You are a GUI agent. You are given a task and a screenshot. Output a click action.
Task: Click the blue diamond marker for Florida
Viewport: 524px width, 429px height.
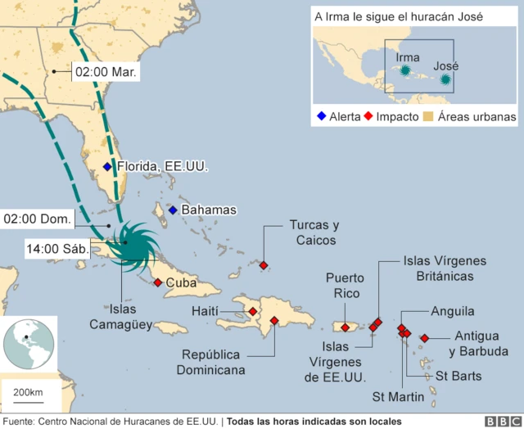pyautogui.click(x=107, y=167)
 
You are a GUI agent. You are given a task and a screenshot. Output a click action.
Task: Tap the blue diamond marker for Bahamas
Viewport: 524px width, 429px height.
pyautogui.click(x=173, y=210)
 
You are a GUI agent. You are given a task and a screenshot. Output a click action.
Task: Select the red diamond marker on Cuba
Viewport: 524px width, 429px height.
pyautogui.click(x=157, y=283)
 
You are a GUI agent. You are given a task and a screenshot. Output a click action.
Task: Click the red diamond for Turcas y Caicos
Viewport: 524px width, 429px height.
pyautogui.click(x=263, y=264)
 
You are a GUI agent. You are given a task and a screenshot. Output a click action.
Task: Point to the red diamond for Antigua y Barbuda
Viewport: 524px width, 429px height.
pyautogui.click(x=424, y=338)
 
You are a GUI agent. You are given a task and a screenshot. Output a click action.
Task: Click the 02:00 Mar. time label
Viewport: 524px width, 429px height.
pyautogui.click(x=106, y=72)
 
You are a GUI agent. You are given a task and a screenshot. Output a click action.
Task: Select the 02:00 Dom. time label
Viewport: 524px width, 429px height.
pyautogui.click(x=38, y=219)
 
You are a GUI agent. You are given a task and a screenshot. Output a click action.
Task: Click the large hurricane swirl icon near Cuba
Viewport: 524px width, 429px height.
pyautogui.click(x=131, y=243)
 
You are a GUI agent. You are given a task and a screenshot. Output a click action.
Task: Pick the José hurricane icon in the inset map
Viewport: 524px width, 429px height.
pyautogui.click(x=445, y=79)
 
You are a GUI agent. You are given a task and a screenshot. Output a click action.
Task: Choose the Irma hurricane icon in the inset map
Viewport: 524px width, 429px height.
pyautogui.click(x=404, y=72)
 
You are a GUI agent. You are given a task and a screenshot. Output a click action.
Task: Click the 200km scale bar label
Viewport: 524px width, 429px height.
pyautogui.click(x=27, y=395)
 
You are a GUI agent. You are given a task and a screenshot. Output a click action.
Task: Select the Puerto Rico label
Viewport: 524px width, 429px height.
pyautogui.click(x=345, y=286)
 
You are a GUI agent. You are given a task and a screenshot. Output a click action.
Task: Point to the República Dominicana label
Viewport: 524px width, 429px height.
pyautogui.click(x=211, y=362)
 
